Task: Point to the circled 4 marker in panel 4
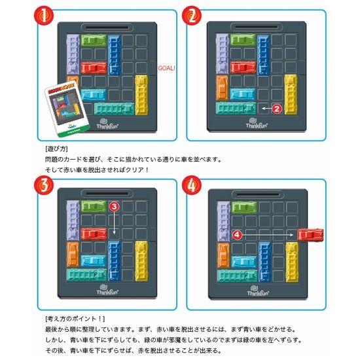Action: pyautogui.click(x=237, y=233)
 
